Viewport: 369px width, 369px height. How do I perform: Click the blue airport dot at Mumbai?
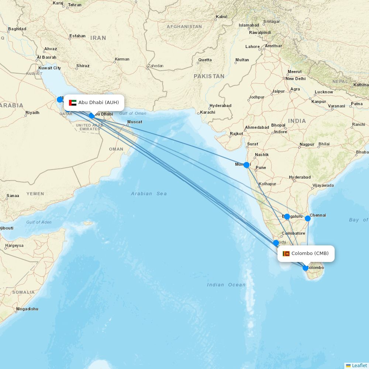coord(246,165)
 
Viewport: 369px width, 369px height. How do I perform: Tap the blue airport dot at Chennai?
coord(308,218)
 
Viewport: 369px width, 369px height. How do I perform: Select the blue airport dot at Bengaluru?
coord(287,217)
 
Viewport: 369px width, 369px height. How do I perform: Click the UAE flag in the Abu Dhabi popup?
coord(73,103)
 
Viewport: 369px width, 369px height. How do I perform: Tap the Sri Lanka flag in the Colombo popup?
coord(286,254)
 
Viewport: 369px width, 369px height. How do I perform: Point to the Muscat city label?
coord(135,122)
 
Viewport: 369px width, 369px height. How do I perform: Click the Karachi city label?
coord(207,112)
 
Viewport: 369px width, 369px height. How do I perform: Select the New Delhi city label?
coord(296,79)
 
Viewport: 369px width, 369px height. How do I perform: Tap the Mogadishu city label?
coord(27,309)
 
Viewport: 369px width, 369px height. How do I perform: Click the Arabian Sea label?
coord(149,193)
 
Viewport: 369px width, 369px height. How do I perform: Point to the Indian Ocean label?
coord(226,284)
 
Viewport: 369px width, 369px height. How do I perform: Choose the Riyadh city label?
coord(32,113)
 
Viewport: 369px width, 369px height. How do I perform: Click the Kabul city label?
coord(222,17)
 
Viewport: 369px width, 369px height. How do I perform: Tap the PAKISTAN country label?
coord(209,76)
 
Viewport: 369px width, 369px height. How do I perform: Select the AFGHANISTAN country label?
coord(184,27)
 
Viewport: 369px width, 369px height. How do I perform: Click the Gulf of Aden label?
coord(39,222)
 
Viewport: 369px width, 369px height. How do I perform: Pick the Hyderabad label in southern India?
coord(300,177)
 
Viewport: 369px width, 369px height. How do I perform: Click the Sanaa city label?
coord(13,196)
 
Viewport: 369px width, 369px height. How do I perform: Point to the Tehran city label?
coord(75,5)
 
